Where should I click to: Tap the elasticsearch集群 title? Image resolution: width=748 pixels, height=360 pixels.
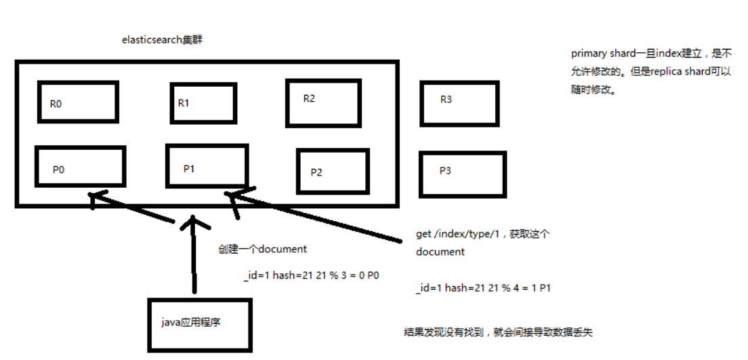tap(162, 40)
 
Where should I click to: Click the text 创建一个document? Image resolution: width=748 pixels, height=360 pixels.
tap(262, 249)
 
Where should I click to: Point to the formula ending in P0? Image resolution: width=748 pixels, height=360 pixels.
tap(311, 275)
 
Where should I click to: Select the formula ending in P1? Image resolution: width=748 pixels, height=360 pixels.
tap(484, 288)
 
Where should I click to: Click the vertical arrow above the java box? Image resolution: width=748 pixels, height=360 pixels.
tap(193, 254)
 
